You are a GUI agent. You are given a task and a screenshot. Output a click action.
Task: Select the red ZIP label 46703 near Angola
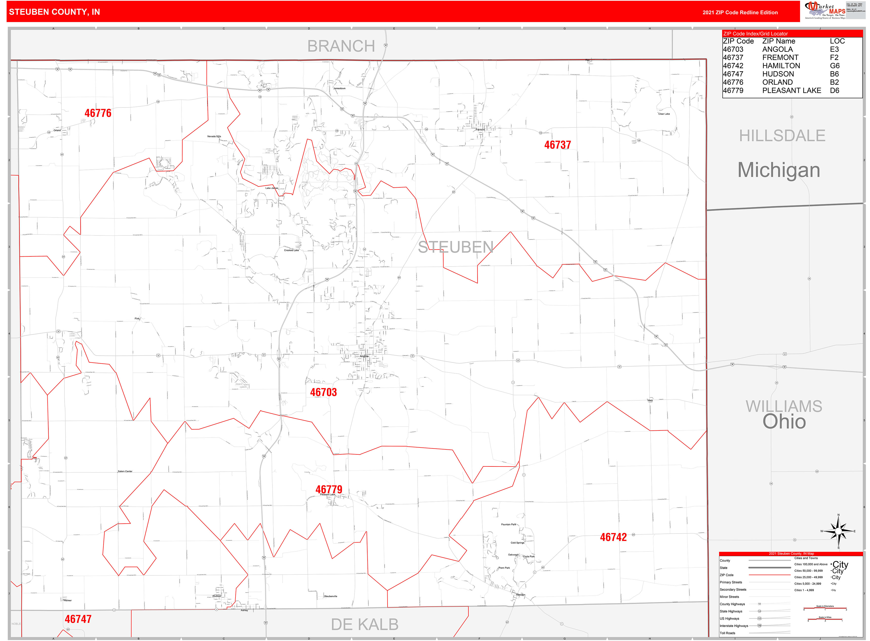tap(323, 392)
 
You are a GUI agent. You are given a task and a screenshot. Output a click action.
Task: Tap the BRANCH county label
tap(341, 46)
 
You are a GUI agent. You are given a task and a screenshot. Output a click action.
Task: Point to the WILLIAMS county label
tap(783, 406)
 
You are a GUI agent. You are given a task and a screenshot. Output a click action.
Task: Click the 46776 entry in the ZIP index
tap(733, 82)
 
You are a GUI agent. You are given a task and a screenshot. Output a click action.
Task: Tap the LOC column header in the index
tap(837, 41)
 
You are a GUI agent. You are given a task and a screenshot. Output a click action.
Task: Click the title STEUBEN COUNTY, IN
tap(54, 12)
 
